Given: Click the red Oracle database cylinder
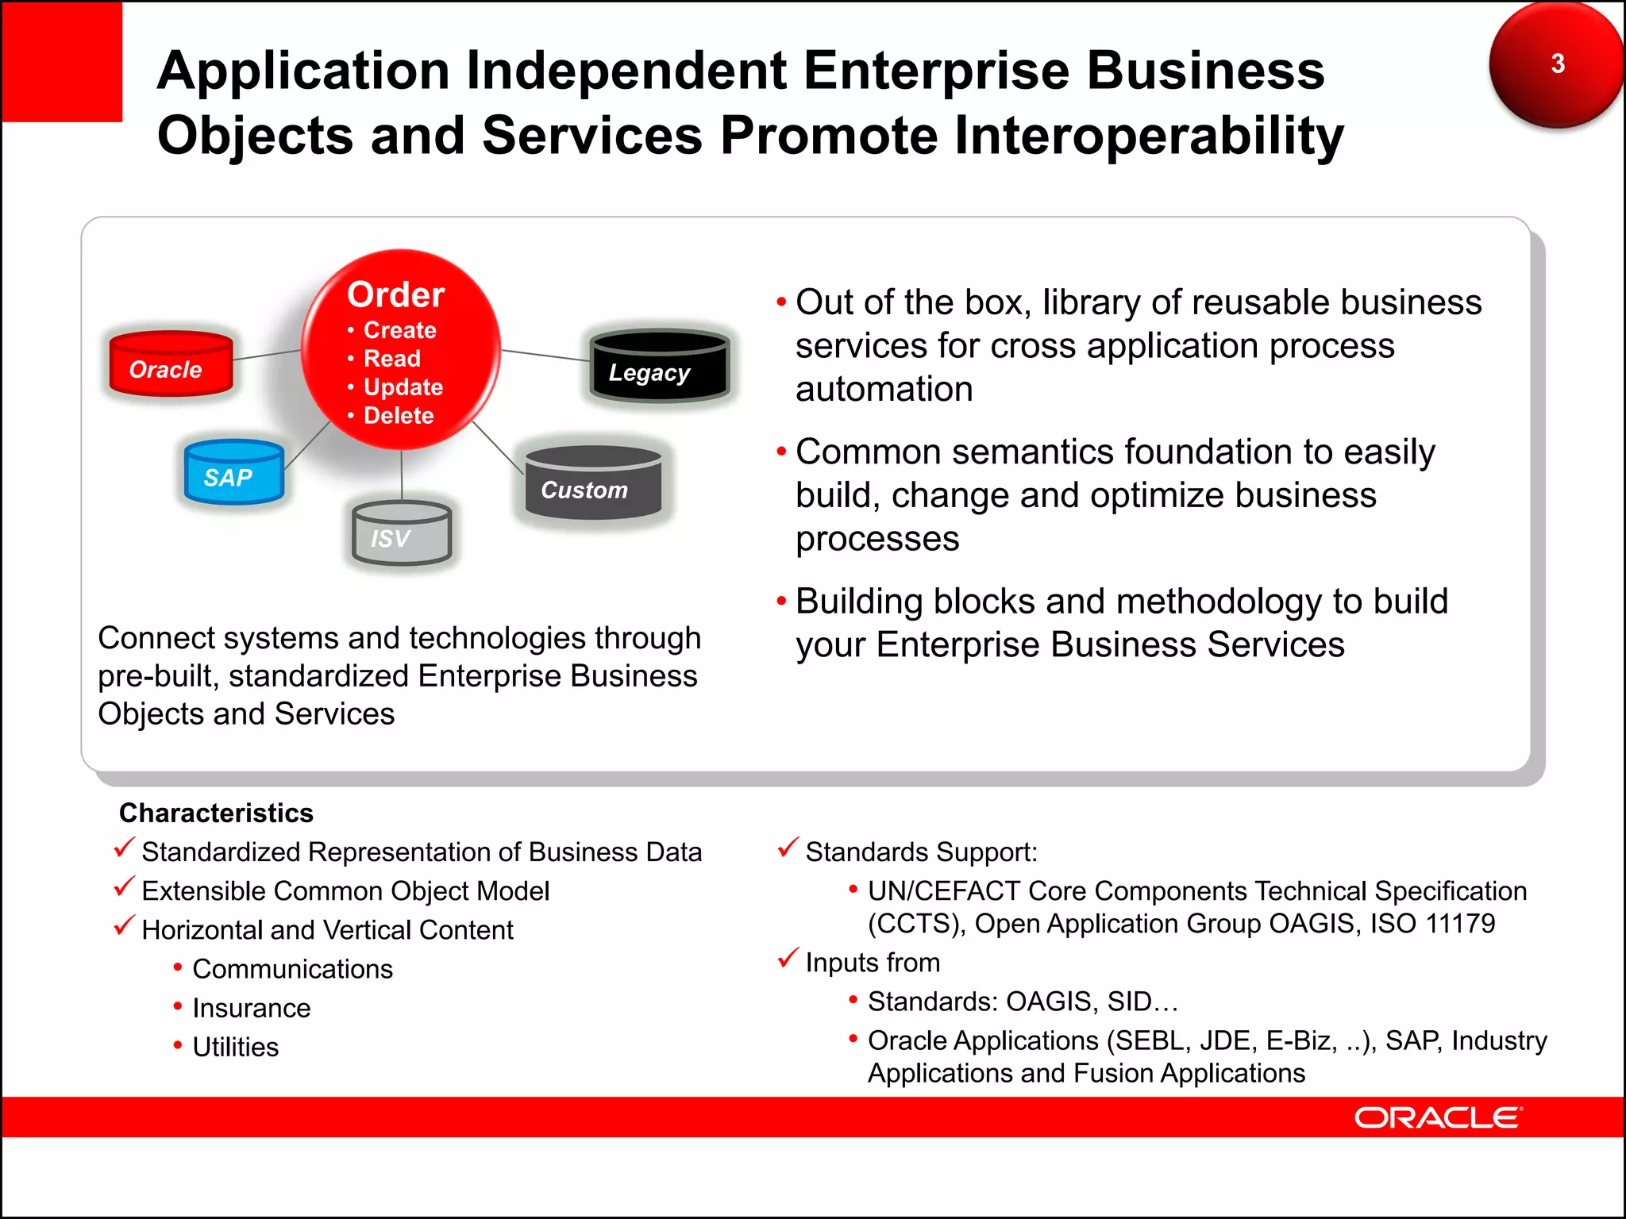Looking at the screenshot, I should (170, 364).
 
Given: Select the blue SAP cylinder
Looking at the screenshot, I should (233, 473).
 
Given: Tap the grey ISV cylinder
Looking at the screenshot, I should (402, 534).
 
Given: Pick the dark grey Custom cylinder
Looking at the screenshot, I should (592, 484).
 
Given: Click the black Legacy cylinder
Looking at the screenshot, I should (659, 367).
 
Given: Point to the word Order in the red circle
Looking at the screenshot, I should (395, 294).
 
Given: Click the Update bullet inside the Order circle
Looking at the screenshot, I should (403, 387).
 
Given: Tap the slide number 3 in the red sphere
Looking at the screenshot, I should (1557, 63).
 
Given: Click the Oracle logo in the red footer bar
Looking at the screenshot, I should (1438, 1117).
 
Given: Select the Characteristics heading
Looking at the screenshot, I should (216, 813).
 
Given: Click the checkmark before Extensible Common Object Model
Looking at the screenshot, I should (124, 886).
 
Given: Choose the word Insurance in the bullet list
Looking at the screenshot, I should (251, 1008).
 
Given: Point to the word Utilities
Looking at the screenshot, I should (235, 1047).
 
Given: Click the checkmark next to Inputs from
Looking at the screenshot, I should (788, 958).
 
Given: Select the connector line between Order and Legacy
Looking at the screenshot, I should (545, 355).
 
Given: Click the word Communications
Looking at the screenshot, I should (292, 969).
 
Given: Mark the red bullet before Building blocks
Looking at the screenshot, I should (781, 602).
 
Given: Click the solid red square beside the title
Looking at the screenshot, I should (62, 62).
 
